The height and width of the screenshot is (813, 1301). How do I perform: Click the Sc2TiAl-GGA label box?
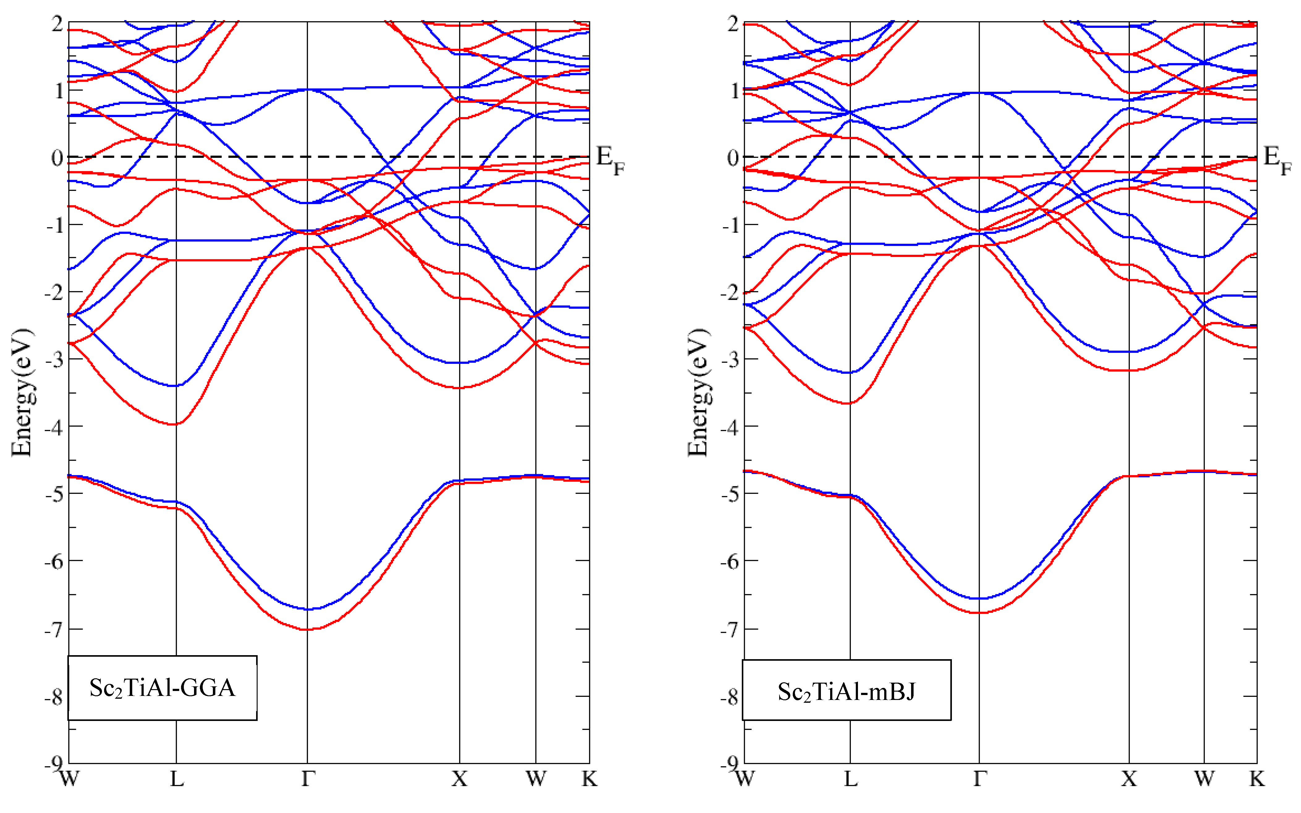coord(162,688)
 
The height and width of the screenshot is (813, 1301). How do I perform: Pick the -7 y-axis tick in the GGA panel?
coord(54,629)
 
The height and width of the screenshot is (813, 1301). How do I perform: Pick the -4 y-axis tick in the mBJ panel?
coord(730,428)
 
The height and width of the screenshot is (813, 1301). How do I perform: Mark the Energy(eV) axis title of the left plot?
coord(22,393)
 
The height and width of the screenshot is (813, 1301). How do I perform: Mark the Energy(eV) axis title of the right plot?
coord(698,393)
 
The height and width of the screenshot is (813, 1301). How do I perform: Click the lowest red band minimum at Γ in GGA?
coord(307,629)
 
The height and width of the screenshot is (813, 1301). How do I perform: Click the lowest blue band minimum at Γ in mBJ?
coord(979,598)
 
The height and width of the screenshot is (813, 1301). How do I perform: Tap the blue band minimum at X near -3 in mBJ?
coord(1129,352)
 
